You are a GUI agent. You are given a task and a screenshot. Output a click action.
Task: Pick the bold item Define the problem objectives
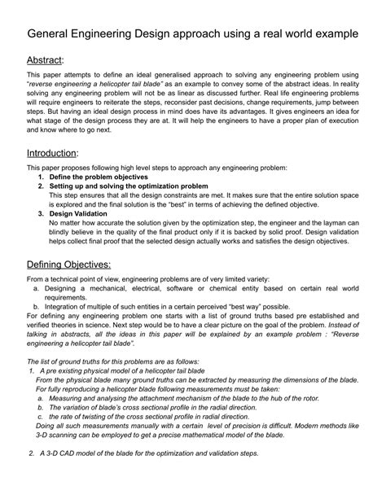(99, 177)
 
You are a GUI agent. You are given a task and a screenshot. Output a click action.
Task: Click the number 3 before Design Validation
(41, 213)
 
